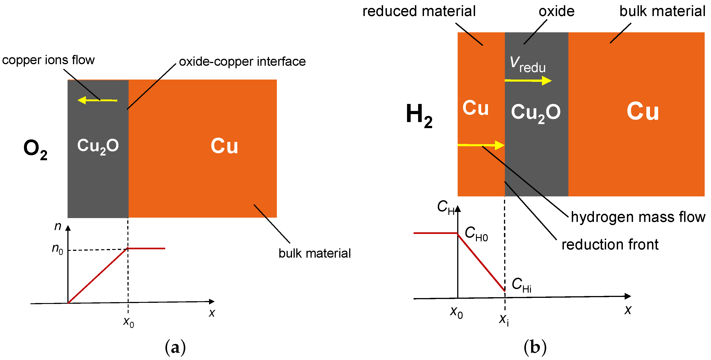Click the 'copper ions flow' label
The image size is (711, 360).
click(x=48, y=60)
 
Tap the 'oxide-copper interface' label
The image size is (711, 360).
click(x=242, y=61)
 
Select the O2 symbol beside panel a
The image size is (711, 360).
click(x=35, y=149)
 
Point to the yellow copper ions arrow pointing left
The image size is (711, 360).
click(x=97, y=100)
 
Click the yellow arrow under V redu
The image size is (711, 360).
click(x=528, y=81)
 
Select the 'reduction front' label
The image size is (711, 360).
click(x=610, y=245)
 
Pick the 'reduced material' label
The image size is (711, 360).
click(x=419, y=11)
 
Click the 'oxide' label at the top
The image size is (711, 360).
click(x=556, y=11)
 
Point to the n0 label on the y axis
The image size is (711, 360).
click(x=57, y=249)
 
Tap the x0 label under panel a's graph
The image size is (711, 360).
click(x=129, y=322)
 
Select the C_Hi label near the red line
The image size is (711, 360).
click(x=521, y=285)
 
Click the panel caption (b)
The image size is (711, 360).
click(x=535, y=347)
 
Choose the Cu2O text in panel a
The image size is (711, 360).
click(x=98, y=146)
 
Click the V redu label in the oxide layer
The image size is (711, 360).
click(x=527, y=65)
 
